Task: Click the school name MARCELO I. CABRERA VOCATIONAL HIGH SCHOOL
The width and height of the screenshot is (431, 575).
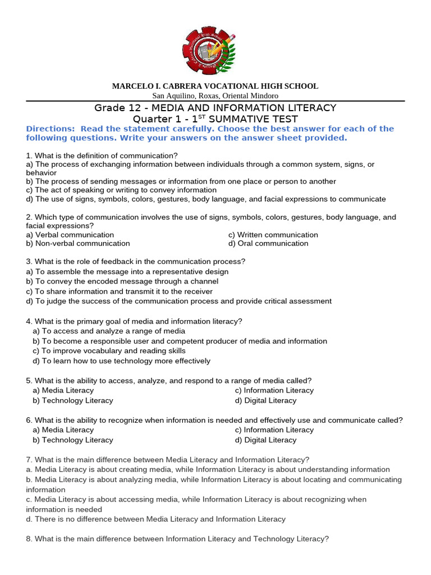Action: (215, 86)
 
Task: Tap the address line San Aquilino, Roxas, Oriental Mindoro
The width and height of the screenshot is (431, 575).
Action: (215, 96)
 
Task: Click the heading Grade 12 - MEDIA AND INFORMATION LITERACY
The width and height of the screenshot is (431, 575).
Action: (215, 108)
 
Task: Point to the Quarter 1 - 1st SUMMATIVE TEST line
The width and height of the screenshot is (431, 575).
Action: (215, 119)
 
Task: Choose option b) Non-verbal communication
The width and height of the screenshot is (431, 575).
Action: (78, 244)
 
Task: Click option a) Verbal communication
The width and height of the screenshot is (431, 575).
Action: (70, 235)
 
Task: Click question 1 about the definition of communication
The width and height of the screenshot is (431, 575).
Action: (102, 155)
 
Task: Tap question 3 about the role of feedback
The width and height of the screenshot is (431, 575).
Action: (136, 262)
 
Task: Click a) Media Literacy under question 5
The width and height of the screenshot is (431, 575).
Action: (63, 390)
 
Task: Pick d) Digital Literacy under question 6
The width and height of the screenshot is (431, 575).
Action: (265, 440)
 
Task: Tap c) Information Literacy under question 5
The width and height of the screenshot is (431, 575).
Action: (274, 390)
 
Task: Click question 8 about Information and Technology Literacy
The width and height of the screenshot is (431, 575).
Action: (177, 539)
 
